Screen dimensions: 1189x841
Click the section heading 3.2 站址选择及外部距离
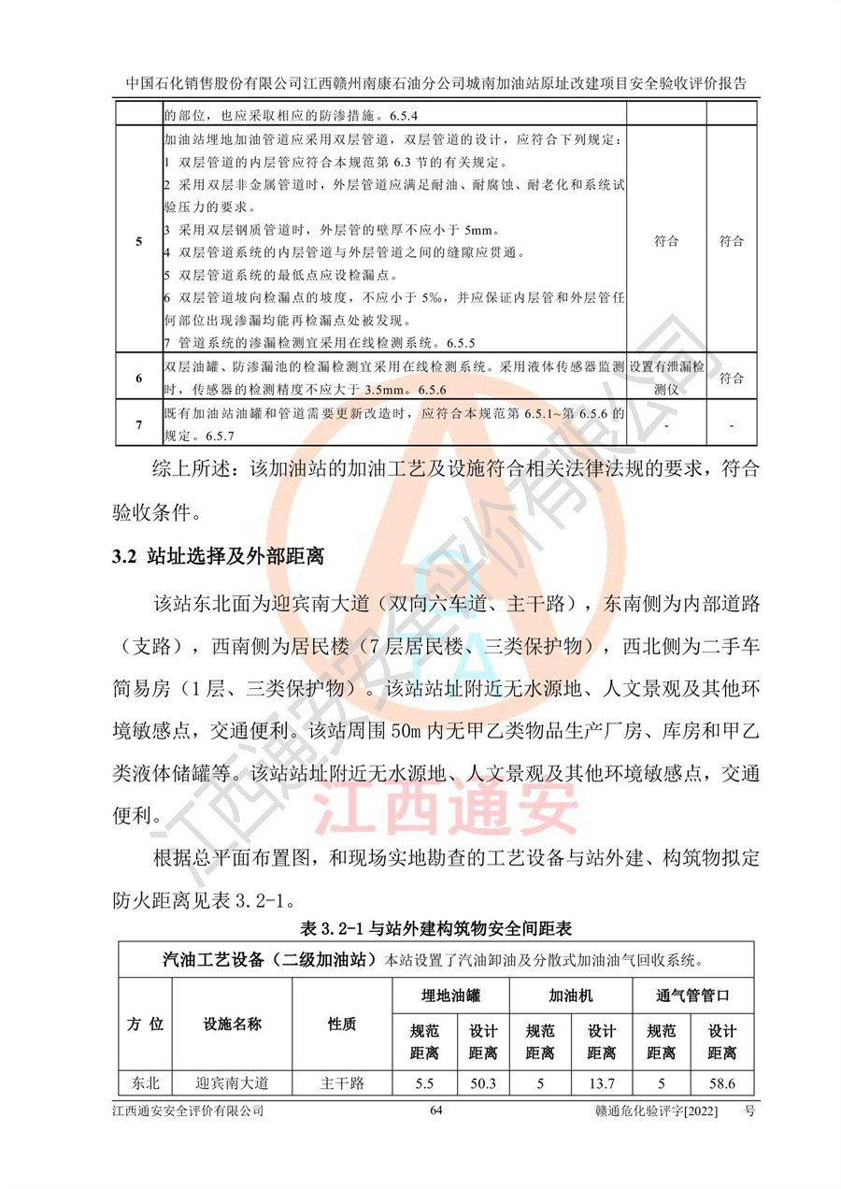[x=217, y=558]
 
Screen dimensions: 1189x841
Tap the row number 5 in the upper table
[x=138, y=242]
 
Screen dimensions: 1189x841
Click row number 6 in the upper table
[x=138, y=379]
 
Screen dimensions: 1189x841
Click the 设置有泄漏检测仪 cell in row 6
[x=667, y=379]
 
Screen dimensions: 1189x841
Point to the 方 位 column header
[x=145, y=1024]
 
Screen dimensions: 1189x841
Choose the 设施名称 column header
[x=232, y=1024]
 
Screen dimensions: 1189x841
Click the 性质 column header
[x=341, y=1024]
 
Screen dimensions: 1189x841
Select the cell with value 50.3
[x=482, y=1083]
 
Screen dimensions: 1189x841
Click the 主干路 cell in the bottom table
[x=341, y=1083]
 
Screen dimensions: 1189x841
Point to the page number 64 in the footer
[x=436, y=1111]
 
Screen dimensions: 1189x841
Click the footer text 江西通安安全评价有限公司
[x=187, y=1111]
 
